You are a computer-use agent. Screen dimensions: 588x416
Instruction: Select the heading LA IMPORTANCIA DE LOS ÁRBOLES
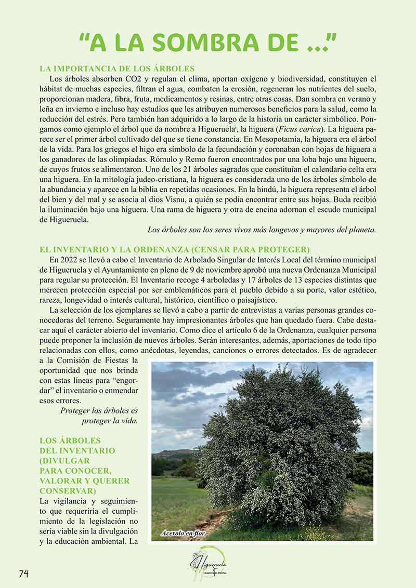[117, 69]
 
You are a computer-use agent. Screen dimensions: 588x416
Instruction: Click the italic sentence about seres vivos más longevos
[262, 229]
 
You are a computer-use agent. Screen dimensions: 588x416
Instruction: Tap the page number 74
[23, 573]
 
